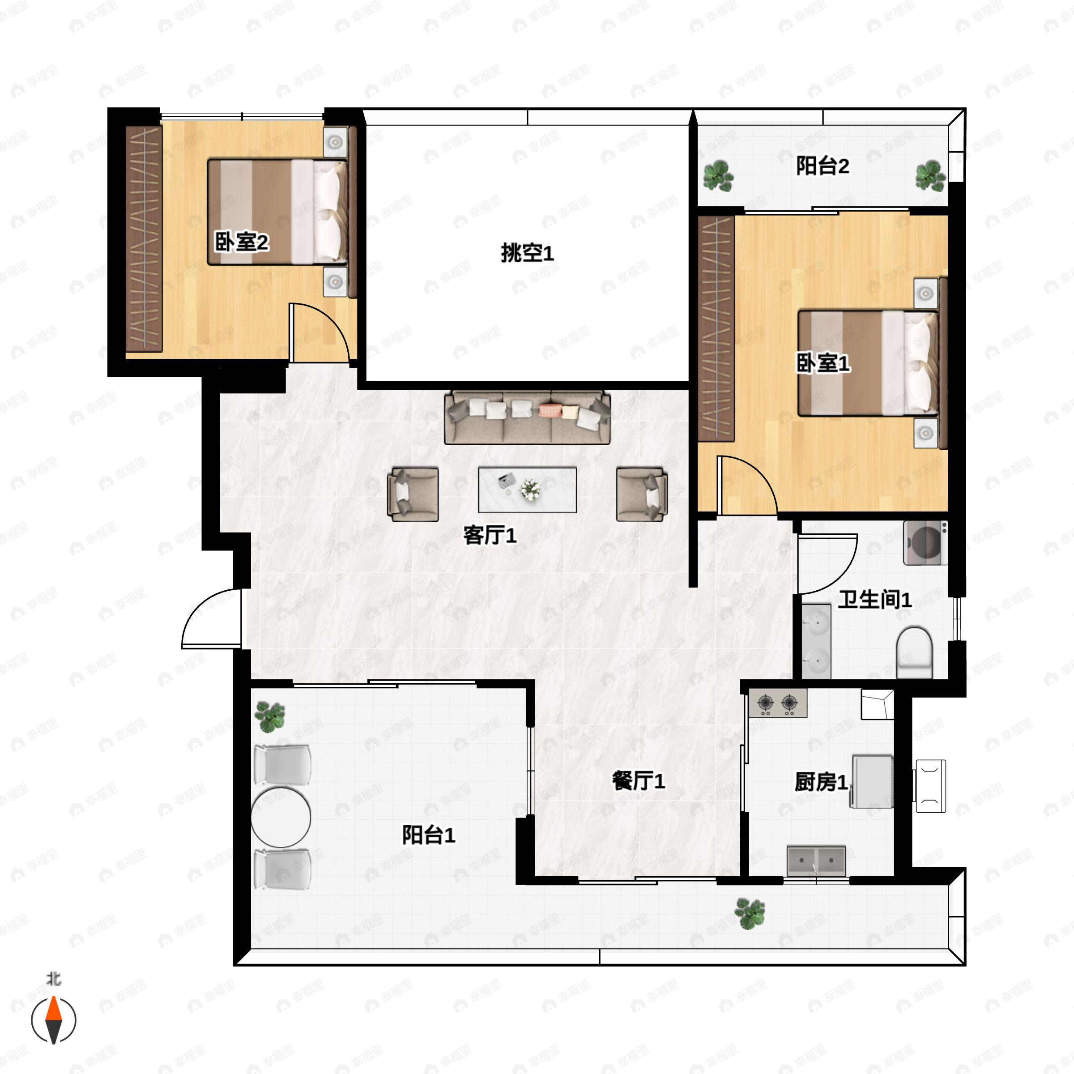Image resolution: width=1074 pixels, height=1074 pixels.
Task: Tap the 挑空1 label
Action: point(527,253)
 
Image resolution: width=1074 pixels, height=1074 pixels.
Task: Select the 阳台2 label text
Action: point(823,166)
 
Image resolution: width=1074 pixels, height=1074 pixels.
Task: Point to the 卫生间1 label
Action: point(875,599)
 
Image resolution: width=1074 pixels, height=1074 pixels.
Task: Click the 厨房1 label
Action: point(821,782)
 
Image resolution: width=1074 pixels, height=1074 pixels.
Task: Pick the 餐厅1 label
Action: point(638,781)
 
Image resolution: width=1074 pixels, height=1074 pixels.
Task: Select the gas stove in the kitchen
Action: point(778,703)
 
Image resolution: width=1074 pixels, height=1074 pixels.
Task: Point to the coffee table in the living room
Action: point(527,490)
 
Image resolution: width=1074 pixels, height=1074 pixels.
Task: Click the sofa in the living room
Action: point(527,418)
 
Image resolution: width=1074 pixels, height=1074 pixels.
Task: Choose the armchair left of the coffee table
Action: point(413,494)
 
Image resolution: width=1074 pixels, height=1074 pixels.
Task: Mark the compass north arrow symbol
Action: point(53,1019)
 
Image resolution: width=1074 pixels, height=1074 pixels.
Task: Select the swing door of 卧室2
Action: point(319,332)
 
